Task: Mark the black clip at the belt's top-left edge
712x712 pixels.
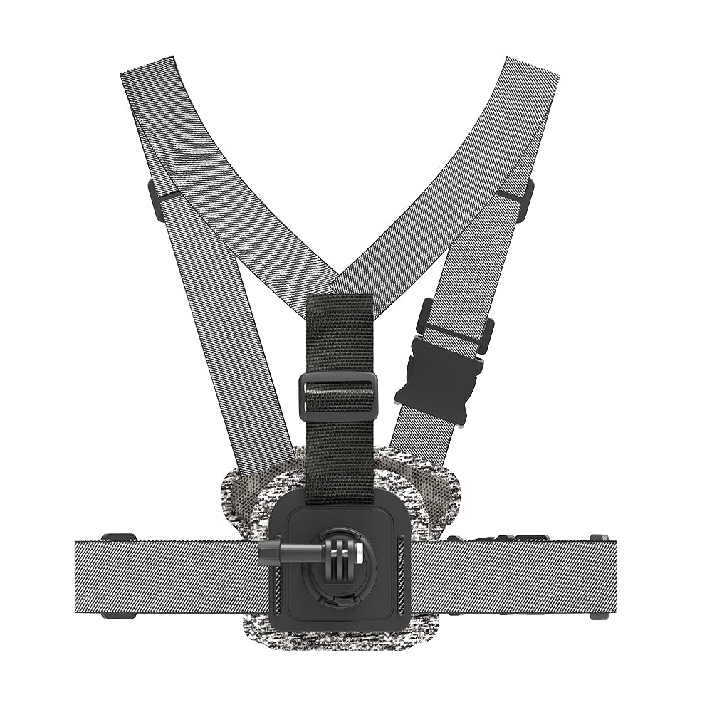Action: point(118,537)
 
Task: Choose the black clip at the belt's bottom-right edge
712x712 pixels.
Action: point(596,615)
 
